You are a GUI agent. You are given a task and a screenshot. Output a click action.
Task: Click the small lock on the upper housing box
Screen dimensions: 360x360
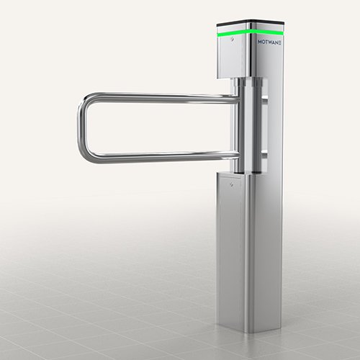[231, 42]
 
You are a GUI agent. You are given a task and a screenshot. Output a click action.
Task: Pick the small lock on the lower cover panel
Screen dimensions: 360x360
[231, 185]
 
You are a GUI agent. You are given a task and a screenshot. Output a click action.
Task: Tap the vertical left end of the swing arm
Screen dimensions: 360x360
[81, 127]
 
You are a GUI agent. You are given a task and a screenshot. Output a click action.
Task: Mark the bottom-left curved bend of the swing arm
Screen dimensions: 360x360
[86, 153]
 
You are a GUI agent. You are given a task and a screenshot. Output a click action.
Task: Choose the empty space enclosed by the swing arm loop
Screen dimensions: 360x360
[158, 127]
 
